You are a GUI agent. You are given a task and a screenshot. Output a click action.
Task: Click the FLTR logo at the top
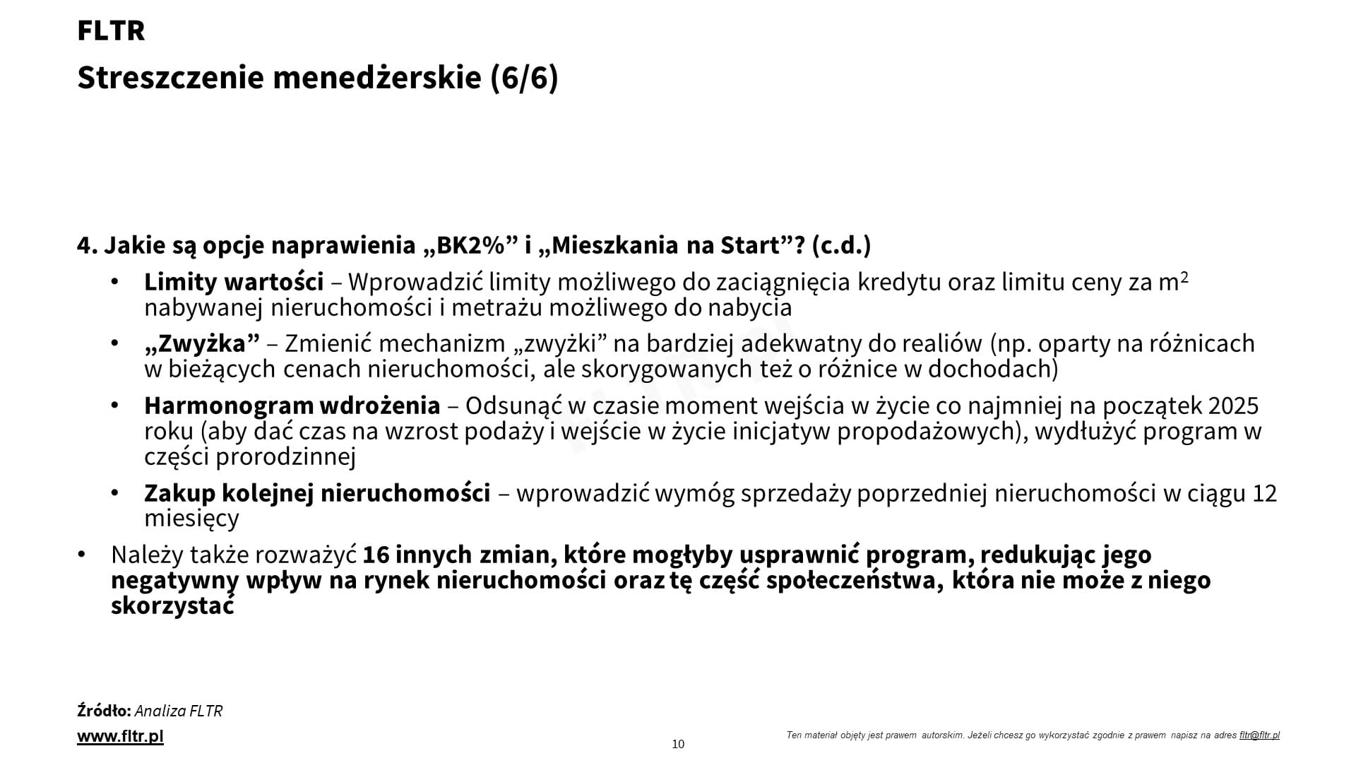pos(111,31)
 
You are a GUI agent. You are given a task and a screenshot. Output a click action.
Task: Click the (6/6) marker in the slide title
pos(524,78)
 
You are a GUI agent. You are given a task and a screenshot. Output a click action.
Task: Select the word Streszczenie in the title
pos(171,78)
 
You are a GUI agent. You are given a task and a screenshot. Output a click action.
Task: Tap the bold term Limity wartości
pos(234,282)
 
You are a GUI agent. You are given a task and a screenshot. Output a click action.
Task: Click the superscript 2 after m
pos(1184,277)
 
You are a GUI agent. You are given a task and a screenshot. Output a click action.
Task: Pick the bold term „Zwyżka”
pos(202,343)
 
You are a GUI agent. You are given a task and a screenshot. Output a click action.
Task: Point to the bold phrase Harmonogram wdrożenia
pos(292,406)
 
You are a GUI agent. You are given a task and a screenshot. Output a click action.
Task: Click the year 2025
pos(1233,406)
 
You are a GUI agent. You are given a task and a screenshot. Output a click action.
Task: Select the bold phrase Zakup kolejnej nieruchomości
pos(317,493)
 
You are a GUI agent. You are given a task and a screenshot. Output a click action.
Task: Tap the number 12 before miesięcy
pos(1264,493)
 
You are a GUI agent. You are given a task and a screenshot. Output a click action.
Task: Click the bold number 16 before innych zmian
pos(376,555)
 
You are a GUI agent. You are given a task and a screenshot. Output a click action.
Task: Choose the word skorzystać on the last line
pos(172,606)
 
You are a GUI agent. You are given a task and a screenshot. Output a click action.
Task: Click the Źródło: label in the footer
pos(104,711)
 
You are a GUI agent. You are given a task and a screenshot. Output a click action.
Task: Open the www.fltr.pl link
pos(120,736)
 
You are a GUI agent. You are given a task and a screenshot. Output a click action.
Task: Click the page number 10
pos(678,744)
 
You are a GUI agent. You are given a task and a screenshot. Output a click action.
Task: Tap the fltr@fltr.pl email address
pos(1259,735)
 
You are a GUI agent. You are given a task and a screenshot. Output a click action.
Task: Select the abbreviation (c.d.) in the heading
pos(841,245)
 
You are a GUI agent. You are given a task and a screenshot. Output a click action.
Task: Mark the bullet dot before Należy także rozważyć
pos(82,555)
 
